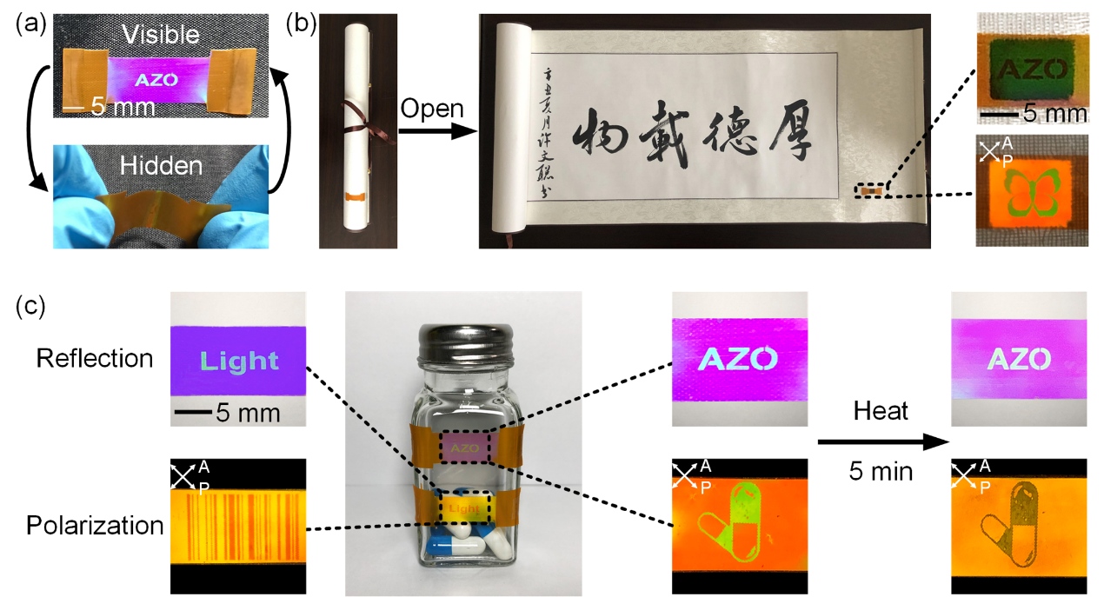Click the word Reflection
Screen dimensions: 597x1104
point(95,357)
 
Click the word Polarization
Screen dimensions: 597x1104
point(95,525)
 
